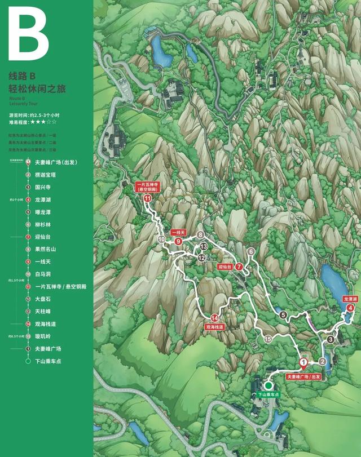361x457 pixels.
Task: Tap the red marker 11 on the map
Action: pyautogui.click(x=148, y=198)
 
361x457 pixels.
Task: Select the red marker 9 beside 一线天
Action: pyautogui.click(x=178, y=241)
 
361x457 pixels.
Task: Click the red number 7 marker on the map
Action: pyautogui.click(x=239, y=267)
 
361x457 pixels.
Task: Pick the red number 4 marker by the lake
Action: pyautogui.click(x=350, y=308)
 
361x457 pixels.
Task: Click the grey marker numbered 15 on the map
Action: pyautogui.click(x=268, y=339)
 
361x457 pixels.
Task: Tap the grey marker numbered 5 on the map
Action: pyautogui.click(x=283, y=316)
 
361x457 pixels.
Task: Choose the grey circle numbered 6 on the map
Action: pyautogui.click(x=250, y=252)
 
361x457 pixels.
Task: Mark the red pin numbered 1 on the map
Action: pyautogui.click(x=303, y=362)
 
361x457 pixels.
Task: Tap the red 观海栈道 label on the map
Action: pyautogui.click(x=214, y=327)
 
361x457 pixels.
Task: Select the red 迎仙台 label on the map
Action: pyautogui.click(x=226, y=267)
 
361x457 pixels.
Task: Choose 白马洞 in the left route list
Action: pyautogui.click(x=43, y=274)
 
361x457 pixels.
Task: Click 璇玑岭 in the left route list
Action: pyautogui.click(x=43, y=336)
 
